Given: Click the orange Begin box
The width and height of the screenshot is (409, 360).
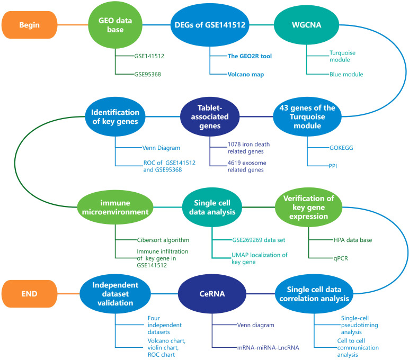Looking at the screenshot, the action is [30, 25].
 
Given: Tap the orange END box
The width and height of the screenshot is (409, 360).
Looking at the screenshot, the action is [30, 294].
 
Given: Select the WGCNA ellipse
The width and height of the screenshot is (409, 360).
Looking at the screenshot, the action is [307, 25].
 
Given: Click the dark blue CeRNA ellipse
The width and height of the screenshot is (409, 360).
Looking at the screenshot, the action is [212, 294].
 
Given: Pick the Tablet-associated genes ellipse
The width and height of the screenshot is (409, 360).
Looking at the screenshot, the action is [210, 117].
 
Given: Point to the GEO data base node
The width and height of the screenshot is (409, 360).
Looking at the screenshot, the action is [115, 25].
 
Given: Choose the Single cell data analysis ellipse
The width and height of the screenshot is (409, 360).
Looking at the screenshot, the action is [212, 207].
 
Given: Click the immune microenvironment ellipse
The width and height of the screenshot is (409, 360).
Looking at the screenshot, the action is [115, 207].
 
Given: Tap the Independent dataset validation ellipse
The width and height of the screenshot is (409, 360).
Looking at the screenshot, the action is [115, 294].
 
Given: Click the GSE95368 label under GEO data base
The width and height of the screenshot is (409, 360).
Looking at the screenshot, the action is [148, 74].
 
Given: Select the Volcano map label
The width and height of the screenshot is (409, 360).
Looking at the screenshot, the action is [246, 75].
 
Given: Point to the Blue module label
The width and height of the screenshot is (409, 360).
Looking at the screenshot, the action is [346, 74].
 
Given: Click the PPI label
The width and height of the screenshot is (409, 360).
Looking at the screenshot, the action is [333, 166].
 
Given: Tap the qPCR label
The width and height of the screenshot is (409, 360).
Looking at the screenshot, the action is [341, 258].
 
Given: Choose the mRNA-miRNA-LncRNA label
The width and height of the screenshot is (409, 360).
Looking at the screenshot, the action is [268, 347].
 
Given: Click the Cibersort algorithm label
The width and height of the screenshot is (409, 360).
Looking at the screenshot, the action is [163, 240].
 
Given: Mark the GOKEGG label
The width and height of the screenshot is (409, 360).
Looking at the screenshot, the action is [341, 148].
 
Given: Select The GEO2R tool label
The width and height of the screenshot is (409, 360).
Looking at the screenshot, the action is [250, 56].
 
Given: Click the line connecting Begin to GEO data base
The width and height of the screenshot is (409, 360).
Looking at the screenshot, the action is [73, 25].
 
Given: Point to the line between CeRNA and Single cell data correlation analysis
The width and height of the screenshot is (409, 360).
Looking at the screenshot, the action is [261, 294].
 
